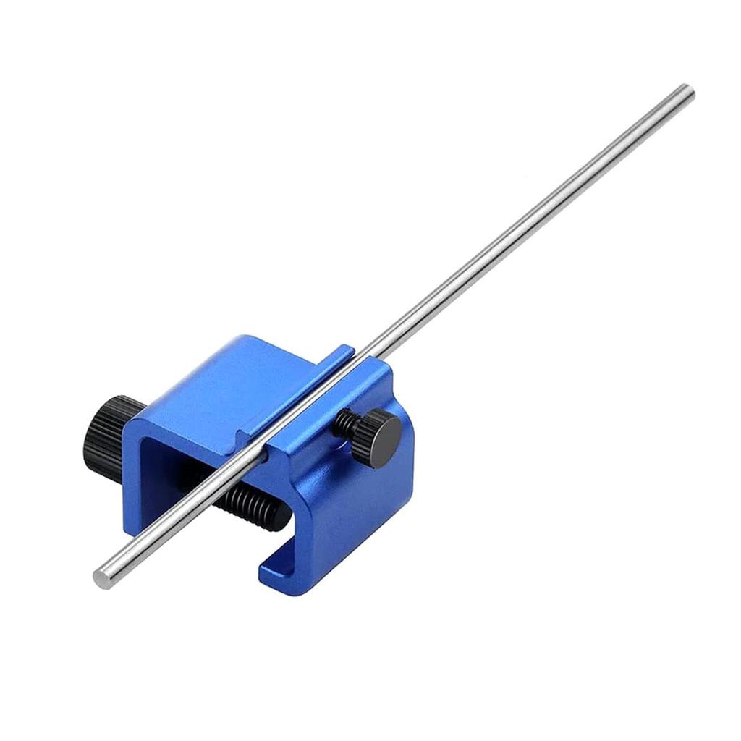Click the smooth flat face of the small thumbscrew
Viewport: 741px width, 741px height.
[x=387, y=433]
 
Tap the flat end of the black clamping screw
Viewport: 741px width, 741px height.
[x=273, y=515]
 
